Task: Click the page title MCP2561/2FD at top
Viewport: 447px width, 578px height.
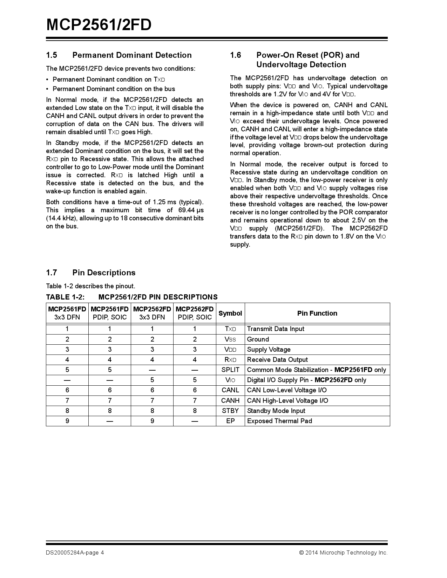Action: (x=99, y=25)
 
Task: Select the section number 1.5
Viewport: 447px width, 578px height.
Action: (x=52, y=55)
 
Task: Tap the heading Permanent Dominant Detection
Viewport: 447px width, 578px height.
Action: (x=132, y=55)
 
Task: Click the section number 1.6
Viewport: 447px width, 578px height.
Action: (x=236, y=55)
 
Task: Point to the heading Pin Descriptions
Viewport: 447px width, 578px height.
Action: (x=104, y=273)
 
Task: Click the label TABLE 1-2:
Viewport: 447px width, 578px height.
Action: (x=65, y=297)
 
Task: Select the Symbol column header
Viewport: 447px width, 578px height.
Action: (x=230, y=313)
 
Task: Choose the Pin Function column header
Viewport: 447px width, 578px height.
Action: (x=317, y=313)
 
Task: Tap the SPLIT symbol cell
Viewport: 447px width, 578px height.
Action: (x=230, y=370)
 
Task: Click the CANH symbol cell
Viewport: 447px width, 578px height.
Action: (x=230, y=400)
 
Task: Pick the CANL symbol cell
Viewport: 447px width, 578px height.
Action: (x=230, y=390)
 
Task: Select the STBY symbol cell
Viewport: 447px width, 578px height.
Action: (x=230, y=411)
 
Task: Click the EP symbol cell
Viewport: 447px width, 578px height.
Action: (x=230, y=421)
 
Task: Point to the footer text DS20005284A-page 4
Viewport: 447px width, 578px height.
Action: (x=75, y=552)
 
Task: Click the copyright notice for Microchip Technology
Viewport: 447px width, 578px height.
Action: (x=343, y=552)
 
